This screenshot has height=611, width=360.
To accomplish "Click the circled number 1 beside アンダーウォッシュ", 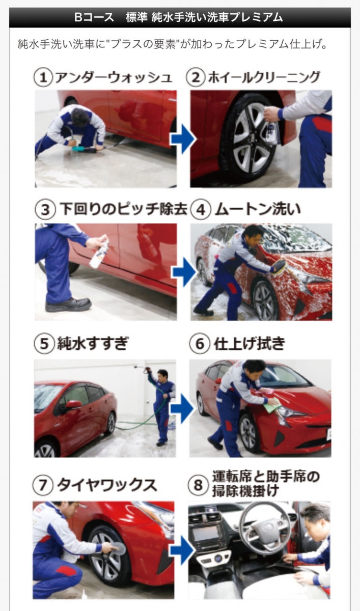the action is pyautogui.click(x=43, y=78).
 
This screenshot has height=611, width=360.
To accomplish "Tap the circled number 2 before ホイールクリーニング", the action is pyautogui.click(x=196, y=77).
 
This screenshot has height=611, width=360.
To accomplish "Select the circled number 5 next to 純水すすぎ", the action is pyautogui.click(x=44, y=344).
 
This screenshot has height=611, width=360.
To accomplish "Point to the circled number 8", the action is pyautogui.click(x=198, y=485).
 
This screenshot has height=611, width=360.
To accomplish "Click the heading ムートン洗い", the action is pyautogui.click(x=258, y=209).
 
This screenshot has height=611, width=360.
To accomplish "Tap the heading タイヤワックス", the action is pyautogui.click(x=107, y=485).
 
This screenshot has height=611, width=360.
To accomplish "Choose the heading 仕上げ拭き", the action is pyautogui.click(x=250, y=343).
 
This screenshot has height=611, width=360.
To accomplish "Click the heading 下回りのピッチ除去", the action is pyautogui.click(x=124, y=209).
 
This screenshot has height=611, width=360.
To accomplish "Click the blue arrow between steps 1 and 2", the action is pyautogui.click(x=183, y=139).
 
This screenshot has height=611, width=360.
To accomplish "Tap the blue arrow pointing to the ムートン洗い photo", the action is pyautogui.click(x=184, y=272).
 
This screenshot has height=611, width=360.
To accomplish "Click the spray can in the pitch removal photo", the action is pyautogui.click(x=99, y=254).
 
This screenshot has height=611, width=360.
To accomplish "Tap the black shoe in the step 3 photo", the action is pyautogui.click(x=68, y=304).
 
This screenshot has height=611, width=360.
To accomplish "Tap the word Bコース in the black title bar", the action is pyautogui.click(x=94, y=17).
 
